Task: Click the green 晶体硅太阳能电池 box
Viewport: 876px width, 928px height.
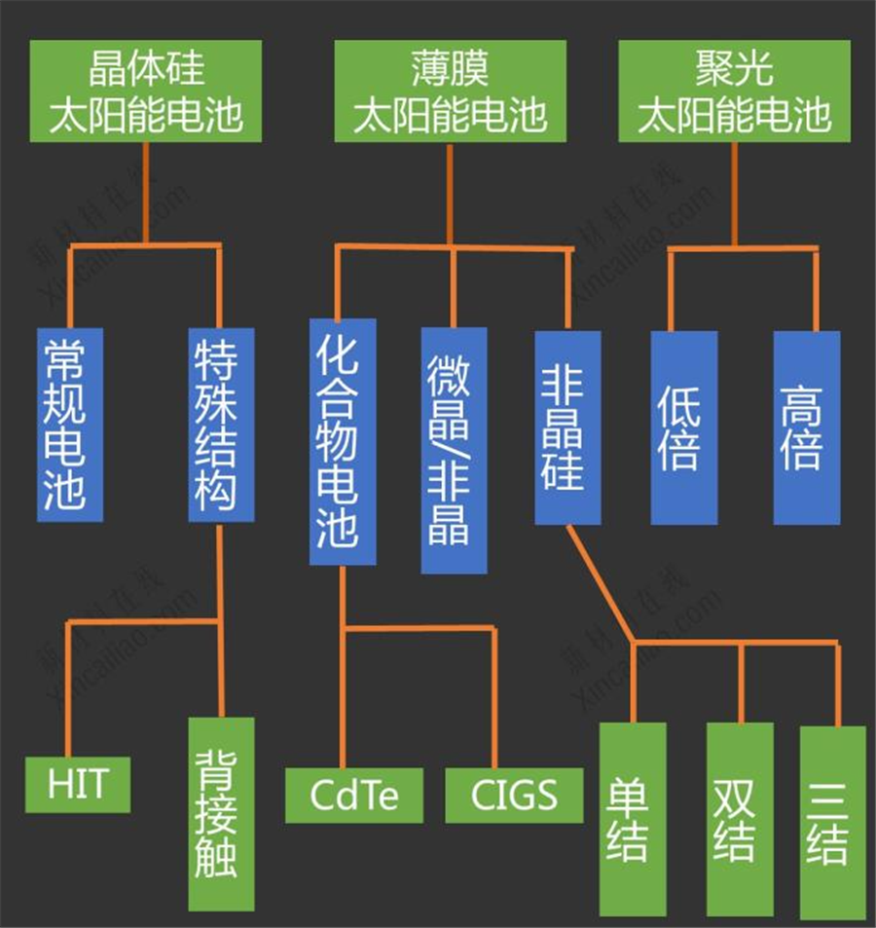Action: click(x=145, y=91)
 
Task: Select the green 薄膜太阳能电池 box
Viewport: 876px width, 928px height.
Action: click(x=450, y=91)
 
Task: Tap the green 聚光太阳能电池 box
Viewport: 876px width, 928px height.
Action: click(x=734, y=91)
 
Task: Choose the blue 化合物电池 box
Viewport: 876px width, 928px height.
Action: click(x=342, y=441)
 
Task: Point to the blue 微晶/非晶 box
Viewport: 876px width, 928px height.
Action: click(x=454, y=449)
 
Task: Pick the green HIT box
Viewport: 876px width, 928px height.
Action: click(x=78, y=784)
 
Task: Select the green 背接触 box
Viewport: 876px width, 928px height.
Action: click(x=221, y=814)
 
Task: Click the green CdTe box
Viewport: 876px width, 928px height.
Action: click(x=354, y=796)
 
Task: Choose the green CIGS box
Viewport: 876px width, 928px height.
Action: click(x=514, y=796)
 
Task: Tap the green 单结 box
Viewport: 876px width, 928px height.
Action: click(x=633, y=819)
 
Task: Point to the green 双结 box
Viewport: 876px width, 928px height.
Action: click(x=740, y=819)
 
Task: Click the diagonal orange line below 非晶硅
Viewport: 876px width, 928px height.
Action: click(x=600, y=584)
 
